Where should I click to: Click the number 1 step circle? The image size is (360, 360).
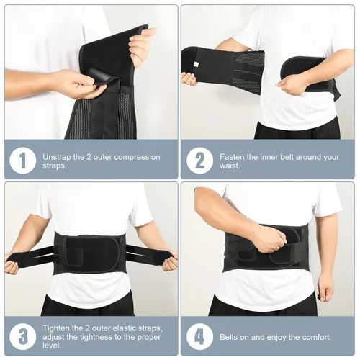(x=22, y=159)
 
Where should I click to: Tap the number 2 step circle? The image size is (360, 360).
(x=199, y=159)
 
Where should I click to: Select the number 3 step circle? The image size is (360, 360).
(x=22, y=336)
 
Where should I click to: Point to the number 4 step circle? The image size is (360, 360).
(x=199, y=336)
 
